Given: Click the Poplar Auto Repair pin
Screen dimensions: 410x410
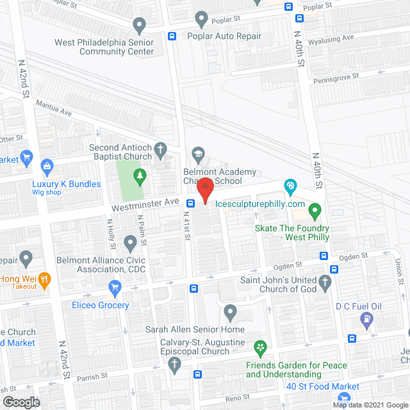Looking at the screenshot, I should coord(202,19).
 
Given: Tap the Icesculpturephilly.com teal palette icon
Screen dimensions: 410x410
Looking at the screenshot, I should coord(290,186).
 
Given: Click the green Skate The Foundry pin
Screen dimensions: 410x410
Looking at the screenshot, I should coord(315,209).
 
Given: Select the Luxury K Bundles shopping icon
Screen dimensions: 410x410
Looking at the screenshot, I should coord(47,167).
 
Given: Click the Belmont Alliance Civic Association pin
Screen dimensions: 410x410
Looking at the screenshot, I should coord(130,243).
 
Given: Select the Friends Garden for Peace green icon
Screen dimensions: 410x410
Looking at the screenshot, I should coord(260,348).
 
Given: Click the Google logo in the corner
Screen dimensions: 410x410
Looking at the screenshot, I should coord(21,402).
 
